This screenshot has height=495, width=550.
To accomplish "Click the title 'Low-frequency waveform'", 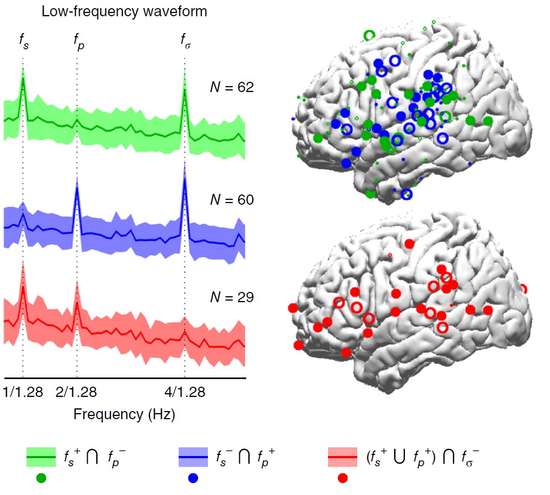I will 125,11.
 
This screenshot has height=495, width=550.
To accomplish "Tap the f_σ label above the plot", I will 185,41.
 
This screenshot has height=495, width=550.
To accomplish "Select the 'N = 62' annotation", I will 232,88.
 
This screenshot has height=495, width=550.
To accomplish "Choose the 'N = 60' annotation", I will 232,200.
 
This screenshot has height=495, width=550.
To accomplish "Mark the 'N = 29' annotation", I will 232,297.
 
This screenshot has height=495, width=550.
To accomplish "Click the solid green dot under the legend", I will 41,478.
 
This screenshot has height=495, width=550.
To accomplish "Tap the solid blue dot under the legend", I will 193,478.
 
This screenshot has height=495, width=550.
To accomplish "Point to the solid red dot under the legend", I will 343,478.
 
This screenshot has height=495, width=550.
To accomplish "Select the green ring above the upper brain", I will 369,35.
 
